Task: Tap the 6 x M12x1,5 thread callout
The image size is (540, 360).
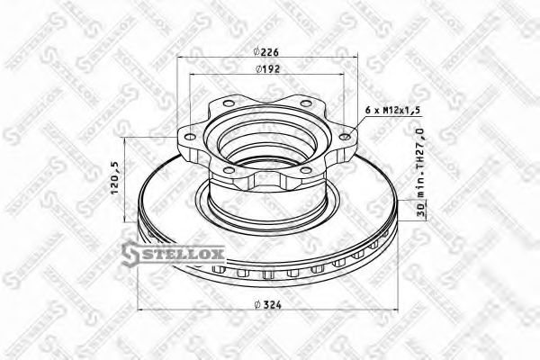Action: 394,109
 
